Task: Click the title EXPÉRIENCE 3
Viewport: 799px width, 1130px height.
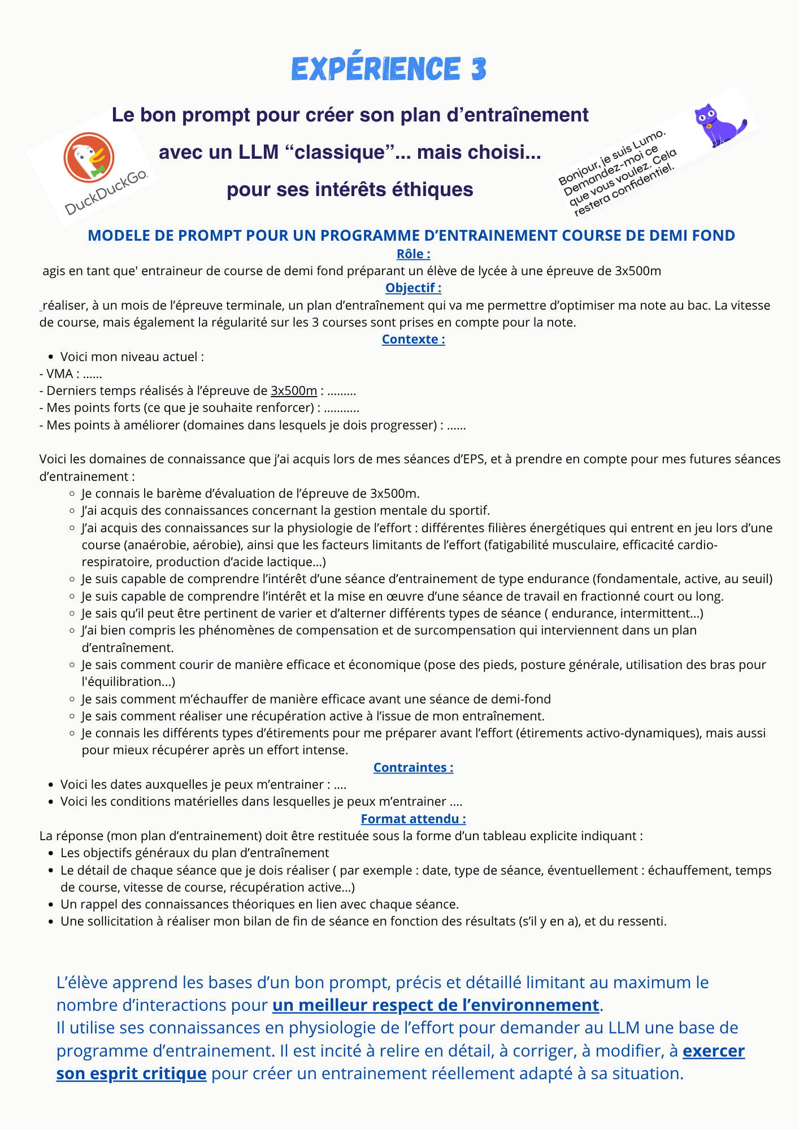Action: tap(389, 69)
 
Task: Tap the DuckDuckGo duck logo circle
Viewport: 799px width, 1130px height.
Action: tap(89, 157)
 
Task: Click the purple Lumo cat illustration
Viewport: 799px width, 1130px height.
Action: tap(718, 125)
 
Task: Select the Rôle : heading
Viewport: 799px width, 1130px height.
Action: tap(413, 254)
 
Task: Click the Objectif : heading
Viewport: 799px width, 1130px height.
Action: tap(413, 288)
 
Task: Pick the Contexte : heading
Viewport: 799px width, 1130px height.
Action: tap(413, 339)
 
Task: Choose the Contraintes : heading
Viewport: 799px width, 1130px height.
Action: tap(413, 767)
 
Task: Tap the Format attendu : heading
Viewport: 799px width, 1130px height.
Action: tap(413, 819)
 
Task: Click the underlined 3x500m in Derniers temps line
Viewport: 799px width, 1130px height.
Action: tap(294, 391)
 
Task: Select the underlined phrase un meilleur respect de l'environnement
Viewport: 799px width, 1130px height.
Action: tap(436, 1005)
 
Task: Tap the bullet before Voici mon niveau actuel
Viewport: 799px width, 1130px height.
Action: tap(51, 357)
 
